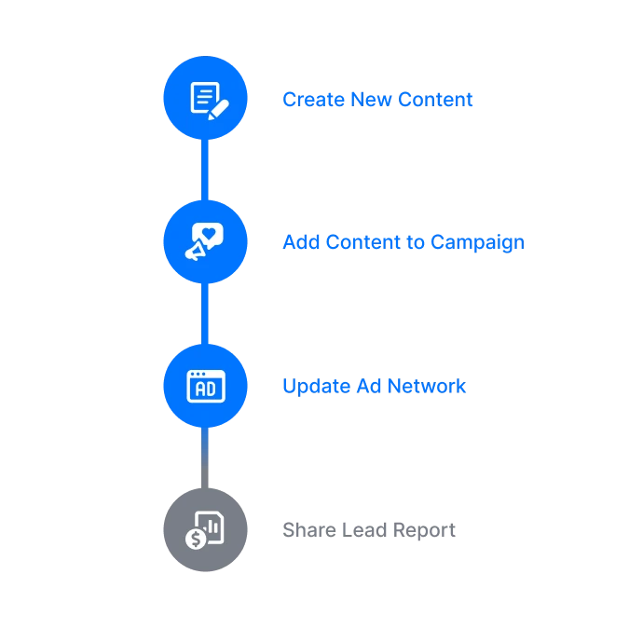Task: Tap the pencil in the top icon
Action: (218, 109)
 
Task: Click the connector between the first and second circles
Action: (206, 170)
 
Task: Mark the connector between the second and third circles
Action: (206, 313)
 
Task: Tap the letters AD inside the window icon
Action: (206, 388)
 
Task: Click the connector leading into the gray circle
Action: (206, 457)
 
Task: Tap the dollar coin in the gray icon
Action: (196, 539)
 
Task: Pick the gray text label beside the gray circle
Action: (371, 531)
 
